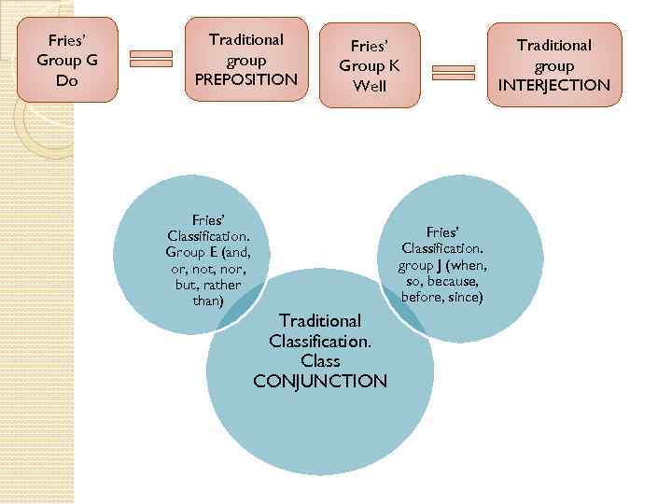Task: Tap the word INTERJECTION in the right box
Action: pyautogui.click(x=554, y=86)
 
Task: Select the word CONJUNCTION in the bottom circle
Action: pyautogui.click(x=320, y=381)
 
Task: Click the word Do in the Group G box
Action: pyautogui.click(x=66, y=79)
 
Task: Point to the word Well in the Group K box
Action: pyautogui.click(x=369, y=86)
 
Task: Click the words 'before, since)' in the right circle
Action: pyautogui.click(x=442, y=298)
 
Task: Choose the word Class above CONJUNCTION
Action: pyautogui.click(x=320, y=360)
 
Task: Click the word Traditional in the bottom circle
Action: pyautogui.click(x=320, y=320)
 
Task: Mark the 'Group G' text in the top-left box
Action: pyautogui.click(x=66, y=60)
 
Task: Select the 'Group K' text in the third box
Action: pyautogui.click(x=369, y=65)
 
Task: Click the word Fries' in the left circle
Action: pyautogui.click(x=206, y=217)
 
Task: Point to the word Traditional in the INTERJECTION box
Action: pyautogui.click(x=554, y=45)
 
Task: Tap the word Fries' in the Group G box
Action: pyautogui.click(x=66, y=40)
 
